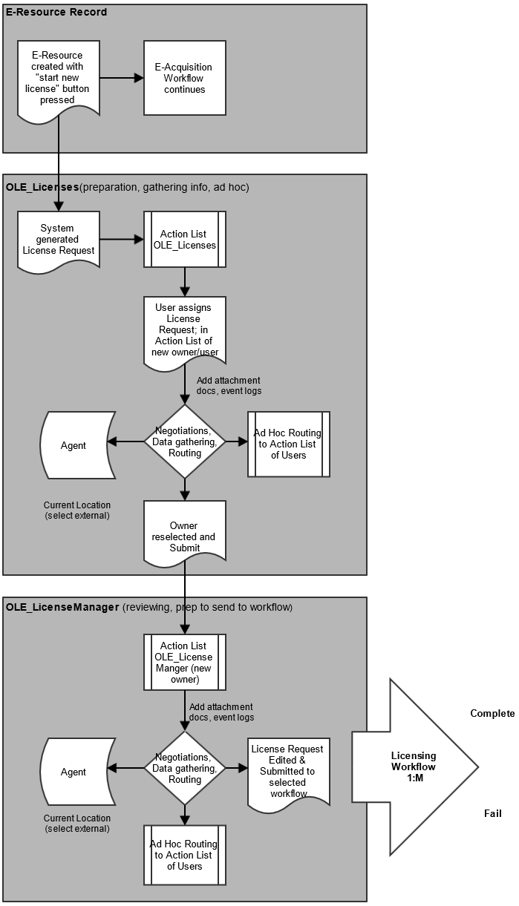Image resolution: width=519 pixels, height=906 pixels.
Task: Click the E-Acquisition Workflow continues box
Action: (x=185, y=78)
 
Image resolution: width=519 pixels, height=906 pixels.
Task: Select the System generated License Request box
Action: (x=59, y=240)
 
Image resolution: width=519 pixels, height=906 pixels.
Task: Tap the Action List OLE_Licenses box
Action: (x=185, y=240)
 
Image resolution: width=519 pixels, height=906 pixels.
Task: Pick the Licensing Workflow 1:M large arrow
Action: (x=415, y=767)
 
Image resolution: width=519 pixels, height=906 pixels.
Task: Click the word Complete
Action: (x=492, y=713)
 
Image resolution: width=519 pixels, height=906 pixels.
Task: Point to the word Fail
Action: (x=493, y=813)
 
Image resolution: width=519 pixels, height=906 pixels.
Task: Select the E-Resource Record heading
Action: (x=56, y=12)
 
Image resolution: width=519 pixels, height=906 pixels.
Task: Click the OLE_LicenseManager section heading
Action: (x=62, y=607)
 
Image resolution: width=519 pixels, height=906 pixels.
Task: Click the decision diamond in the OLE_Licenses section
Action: (x=185, y=441)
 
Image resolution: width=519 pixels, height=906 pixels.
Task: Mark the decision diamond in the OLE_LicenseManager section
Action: (x=185, y=768)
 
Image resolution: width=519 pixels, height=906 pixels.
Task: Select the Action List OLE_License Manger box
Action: (x=185, y=662)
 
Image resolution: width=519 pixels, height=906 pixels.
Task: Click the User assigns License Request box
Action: (x=185, y=332)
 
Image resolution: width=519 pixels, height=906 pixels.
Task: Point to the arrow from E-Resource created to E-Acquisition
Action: (x=122, y=78)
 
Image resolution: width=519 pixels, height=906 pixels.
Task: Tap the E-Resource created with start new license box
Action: (x=59, y=80)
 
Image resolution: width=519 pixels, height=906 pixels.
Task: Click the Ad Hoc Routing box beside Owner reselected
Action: (x=289, y=444)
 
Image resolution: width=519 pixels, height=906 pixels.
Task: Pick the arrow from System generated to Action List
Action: (x=122, y=240)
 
